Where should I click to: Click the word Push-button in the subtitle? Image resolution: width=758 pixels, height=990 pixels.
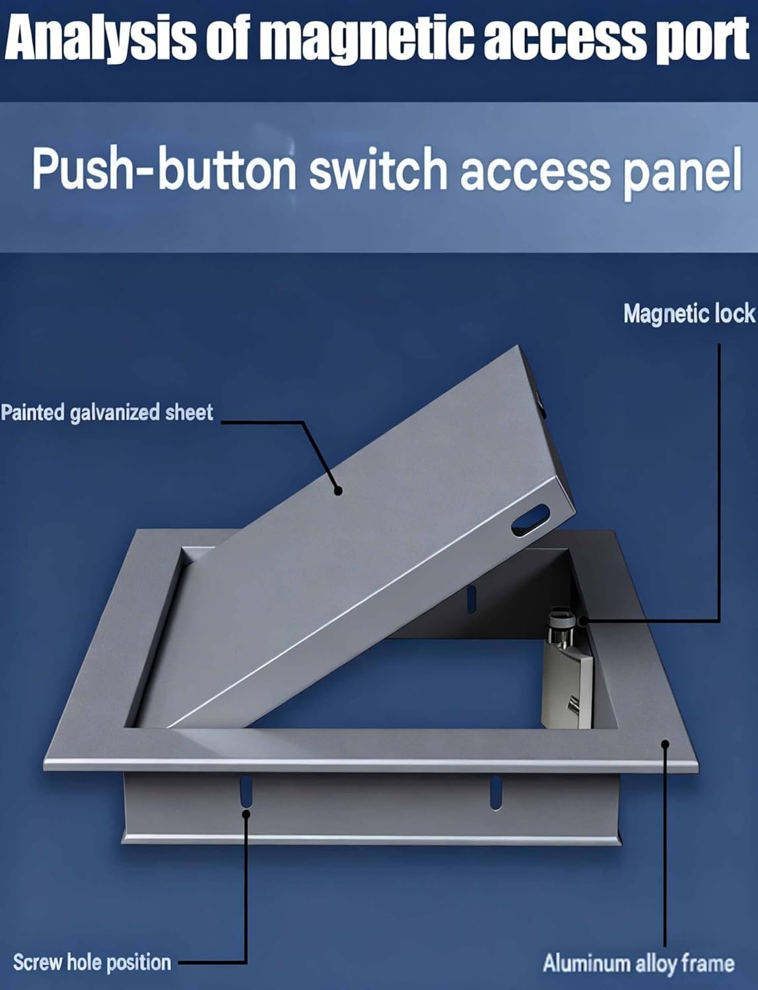(164, 170)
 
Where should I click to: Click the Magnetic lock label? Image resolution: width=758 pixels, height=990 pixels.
(689, 313)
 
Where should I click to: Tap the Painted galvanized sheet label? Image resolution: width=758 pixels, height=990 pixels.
(107, 412)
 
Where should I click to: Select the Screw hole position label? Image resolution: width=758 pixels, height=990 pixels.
(92, 962)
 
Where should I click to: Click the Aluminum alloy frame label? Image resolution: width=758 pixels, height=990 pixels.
(638, 963)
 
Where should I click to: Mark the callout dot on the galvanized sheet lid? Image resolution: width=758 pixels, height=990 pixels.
(337, 490)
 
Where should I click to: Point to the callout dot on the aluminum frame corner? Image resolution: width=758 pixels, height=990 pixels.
(666, 744)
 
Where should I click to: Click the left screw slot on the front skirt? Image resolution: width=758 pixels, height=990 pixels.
(246, 791)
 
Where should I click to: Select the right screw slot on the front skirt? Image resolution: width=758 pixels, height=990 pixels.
(495, 792)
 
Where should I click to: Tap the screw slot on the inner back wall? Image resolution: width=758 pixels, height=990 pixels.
(471, 598)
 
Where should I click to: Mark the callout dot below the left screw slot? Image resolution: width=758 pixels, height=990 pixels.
(246, 813)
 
